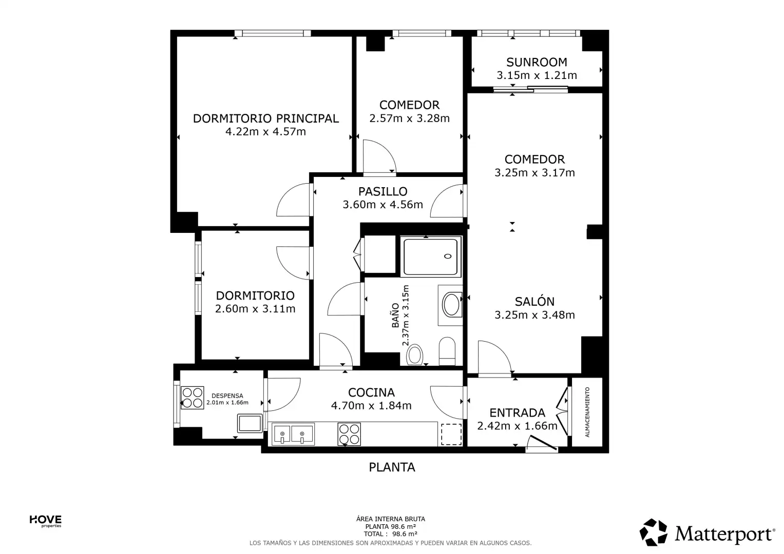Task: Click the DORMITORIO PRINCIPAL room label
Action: tap(265, 118)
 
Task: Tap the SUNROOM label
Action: tap(537, 62)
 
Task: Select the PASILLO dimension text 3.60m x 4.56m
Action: tap(383, 205)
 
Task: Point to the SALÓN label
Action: tap(534, 301)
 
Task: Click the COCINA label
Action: tap(371, 392)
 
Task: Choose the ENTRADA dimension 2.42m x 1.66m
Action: tap(517, 426)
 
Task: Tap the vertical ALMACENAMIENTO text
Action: tap(587, 412)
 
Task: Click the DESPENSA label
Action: tap(227, 396)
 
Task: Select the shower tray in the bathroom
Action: tap(430, 256)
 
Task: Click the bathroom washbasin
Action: tap(451, 305)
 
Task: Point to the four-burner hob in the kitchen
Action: tap(349, 434)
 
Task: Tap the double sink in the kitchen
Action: tap(293, 434)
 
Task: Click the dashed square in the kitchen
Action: tap(451, 434)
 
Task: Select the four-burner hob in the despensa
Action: tap(192, 398)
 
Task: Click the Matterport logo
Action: tap(707, 533)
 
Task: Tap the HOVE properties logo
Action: tap(46, 521)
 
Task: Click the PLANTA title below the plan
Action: tap(392, 467)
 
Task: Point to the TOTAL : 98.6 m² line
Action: tap(390, 534)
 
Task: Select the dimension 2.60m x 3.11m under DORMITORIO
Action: tap(255, 309)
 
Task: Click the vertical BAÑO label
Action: tap(395, 315)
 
